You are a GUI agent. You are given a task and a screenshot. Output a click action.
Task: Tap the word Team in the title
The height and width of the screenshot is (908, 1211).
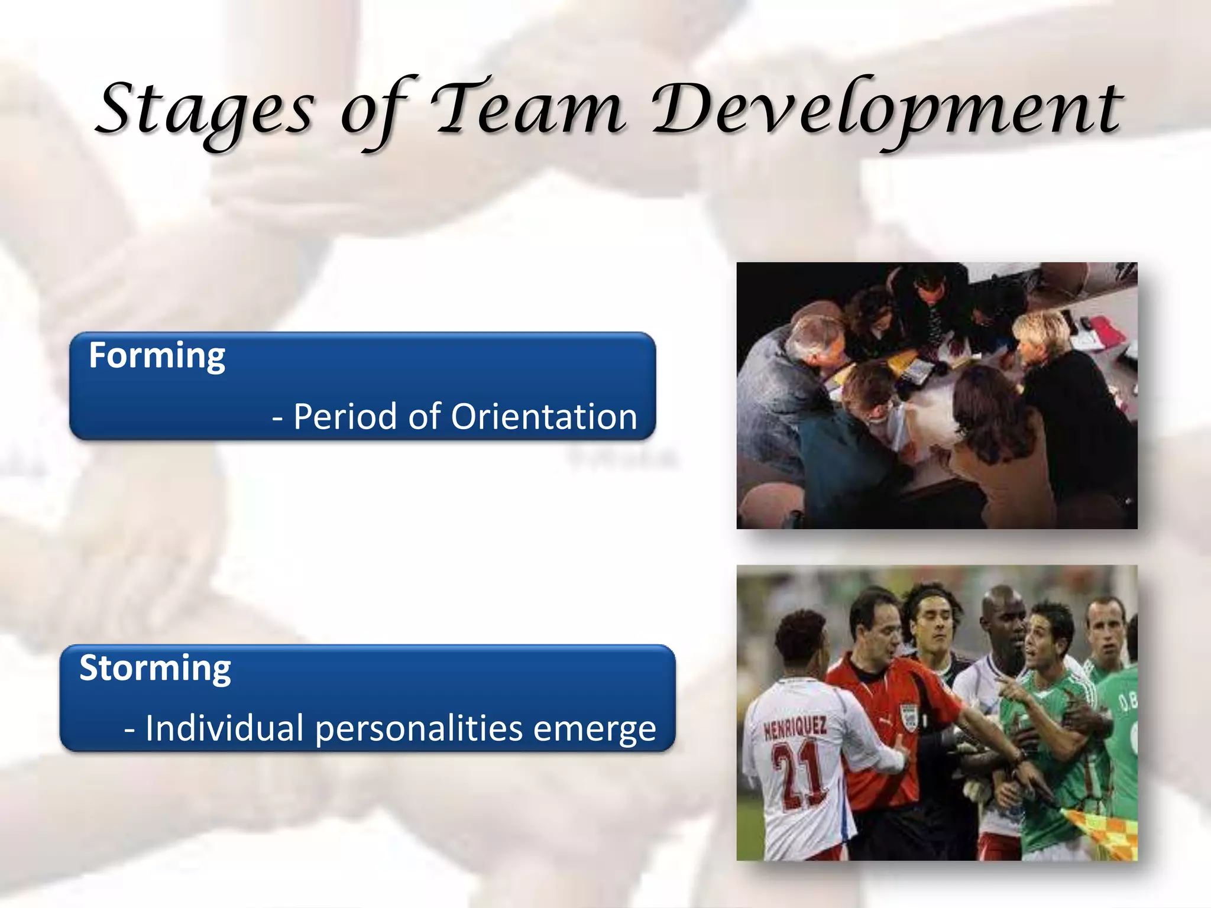[526, 109]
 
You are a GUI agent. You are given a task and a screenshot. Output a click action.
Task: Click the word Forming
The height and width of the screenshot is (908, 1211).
[157, 356]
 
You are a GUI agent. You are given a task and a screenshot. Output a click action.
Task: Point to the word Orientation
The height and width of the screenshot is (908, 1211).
[544, 416]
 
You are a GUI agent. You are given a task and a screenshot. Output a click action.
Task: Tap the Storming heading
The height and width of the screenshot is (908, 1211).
[155, 668]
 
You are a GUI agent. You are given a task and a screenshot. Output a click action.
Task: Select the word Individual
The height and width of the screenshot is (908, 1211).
[225, 728]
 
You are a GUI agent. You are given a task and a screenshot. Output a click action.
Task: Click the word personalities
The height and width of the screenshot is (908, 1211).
[419, 729]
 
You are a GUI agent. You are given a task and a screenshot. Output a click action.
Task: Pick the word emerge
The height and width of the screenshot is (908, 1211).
[594, 729]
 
